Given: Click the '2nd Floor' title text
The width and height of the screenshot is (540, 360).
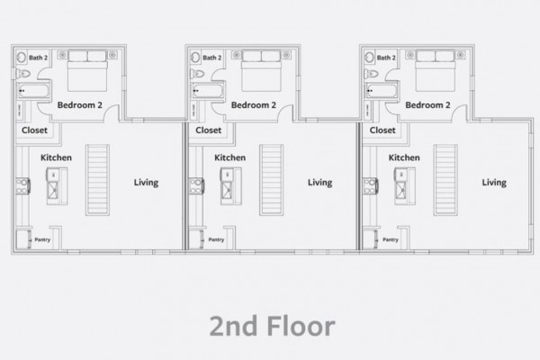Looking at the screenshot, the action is [x=272, y=326].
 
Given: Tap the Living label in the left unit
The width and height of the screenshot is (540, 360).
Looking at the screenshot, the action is [x=146, y=183].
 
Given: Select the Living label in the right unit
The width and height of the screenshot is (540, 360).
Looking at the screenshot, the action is [x=494, y=183].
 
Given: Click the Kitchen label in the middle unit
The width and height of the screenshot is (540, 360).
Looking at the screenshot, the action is [x=230, y=157].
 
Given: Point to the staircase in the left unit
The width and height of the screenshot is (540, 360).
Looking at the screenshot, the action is [x=97, y=180].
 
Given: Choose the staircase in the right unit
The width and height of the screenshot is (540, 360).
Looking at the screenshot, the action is [x=445, y=180].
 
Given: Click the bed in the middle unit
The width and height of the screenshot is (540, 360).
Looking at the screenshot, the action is [x=261, y=71].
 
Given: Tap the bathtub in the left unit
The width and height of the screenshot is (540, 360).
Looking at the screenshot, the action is [x=33, y=91].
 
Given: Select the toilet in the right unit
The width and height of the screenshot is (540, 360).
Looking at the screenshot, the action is [x=371, y=74].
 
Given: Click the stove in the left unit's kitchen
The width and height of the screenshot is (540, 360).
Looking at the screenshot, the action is [x=23, y=186].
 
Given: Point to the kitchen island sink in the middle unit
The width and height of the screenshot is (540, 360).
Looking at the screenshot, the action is [x=226, y=190].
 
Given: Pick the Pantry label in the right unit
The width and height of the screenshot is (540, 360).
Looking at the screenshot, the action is [x=391, y=239].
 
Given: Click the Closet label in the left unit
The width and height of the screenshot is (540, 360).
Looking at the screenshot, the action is [x=34, y=130].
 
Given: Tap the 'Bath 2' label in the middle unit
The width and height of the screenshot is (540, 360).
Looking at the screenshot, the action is [x=212, y=58].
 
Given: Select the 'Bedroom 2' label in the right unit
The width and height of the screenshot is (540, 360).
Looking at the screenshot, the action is [x=427, y=105].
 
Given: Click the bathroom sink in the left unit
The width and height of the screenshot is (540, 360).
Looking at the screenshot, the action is [x=22, y=58].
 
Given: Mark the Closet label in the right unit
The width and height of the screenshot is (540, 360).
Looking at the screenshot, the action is [x=382, y=130].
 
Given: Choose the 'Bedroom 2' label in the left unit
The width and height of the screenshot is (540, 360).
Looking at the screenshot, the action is [x=80, y=105].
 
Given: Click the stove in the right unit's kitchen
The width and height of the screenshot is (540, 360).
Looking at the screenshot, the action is [x=371, y=186].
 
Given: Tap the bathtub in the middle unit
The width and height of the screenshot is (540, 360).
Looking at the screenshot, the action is [x=207, y=91].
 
